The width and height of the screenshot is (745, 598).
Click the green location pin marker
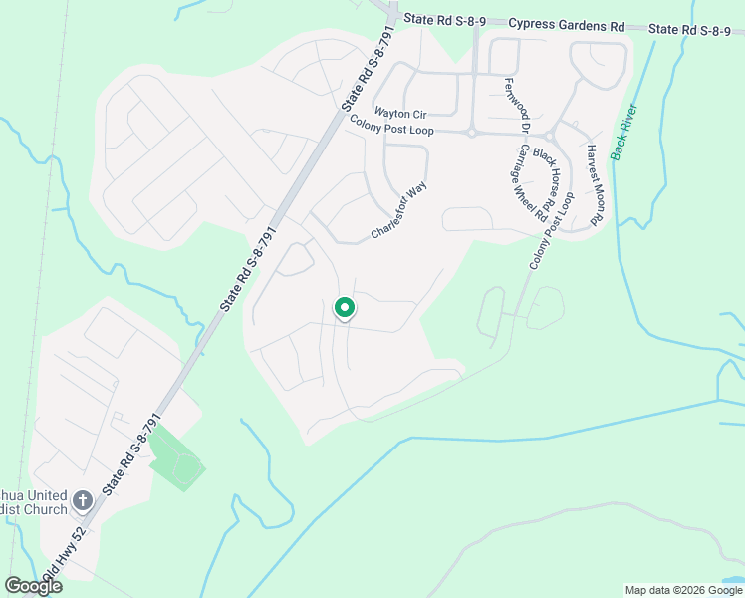pos(344,309)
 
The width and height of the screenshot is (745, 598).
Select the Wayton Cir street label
pos(399,114)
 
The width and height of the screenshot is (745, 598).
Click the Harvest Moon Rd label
pos(596,186)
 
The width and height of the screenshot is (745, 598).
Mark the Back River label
pos(624,132)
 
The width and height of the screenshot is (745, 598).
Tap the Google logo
pos(34,586)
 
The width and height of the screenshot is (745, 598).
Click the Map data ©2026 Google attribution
pos(682,590)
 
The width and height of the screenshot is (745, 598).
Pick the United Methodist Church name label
pos(34,502)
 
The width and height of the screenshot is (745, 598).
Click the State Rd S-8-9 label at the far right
pos(696,30)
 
